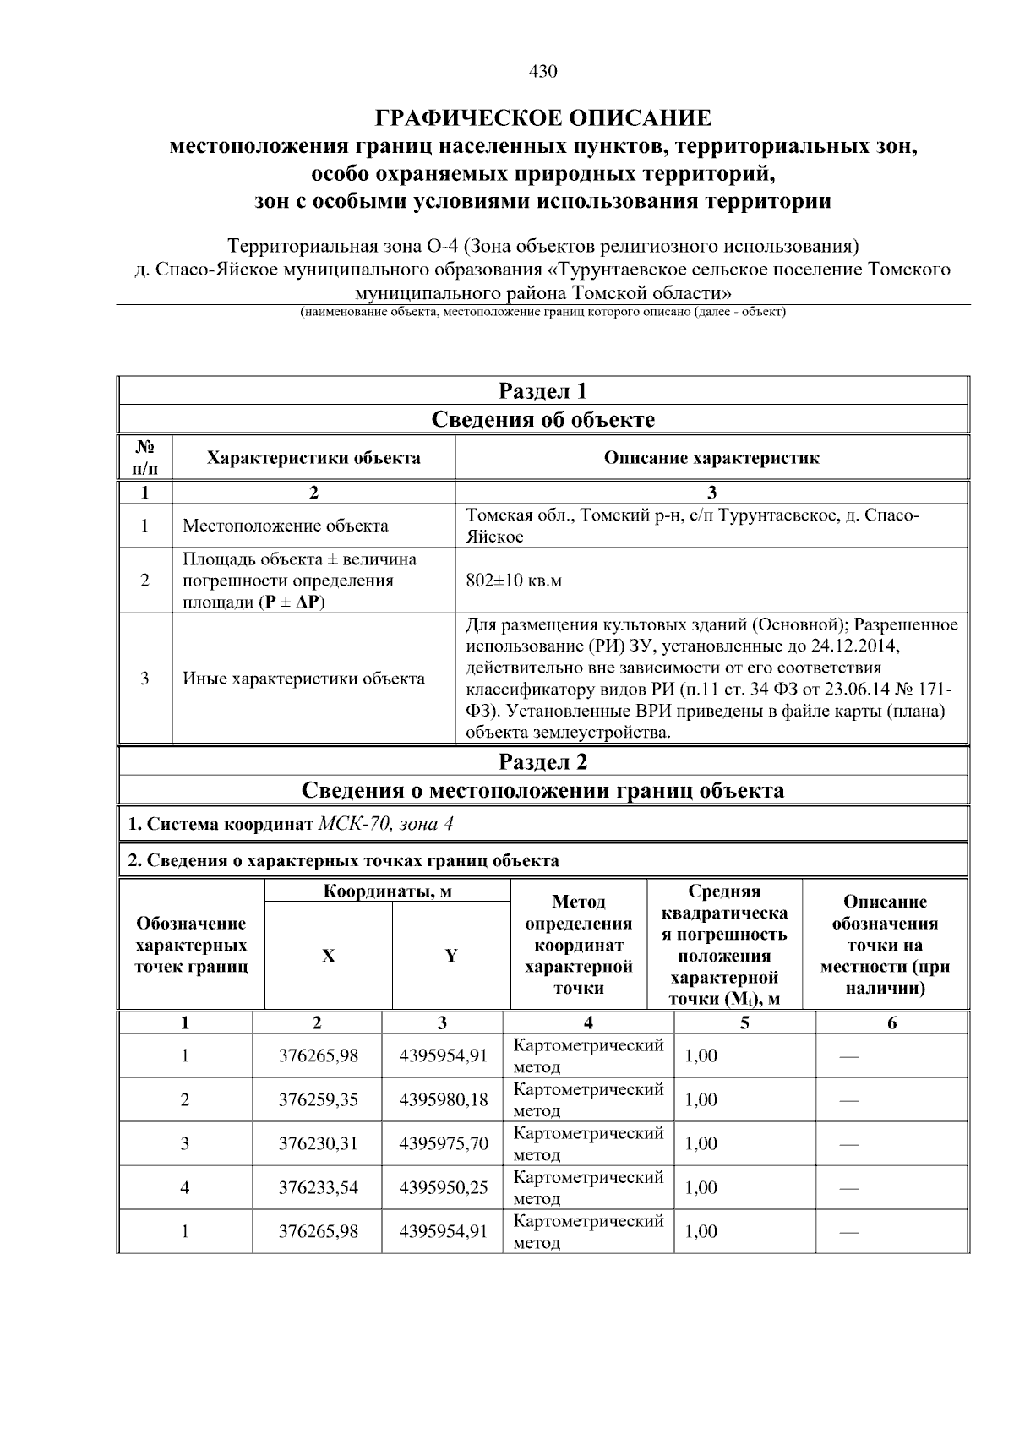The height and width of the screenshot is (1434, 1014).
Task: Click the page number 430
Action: point(542,72)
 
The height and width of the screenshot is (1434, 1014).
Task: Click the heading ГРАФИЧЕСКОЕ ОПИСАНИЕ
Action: point(542,117)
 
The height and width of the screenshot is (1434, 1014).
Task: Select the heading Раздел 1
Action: point(542,391)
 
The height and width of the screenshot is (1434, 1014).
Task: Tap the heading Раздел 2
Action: point(542,762)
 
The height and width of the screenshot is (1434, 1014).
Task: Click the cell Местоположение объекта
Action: point(286,526)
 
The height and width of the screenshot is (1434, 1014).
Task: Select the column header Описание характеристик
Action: point(711,458)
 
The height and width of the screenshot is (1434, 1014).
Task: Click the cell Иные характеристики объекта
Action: point(303,679)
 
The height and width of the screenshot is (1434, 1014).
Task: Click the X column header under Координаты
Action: point(328,956)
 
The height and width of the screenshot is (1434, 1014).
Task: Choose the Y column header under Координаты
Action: point(451,956)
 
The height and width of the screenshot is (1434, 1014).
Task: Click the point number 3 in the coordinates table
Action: point(185,1143)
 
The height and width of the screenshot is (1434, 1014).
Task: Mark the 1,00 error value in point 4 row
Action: point(701,1187)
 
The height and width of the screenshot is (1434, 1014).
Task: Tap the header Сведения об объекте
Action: point(542,420)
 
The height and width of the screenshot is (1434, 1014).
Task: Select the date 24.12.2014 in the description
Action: point(854,646)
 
